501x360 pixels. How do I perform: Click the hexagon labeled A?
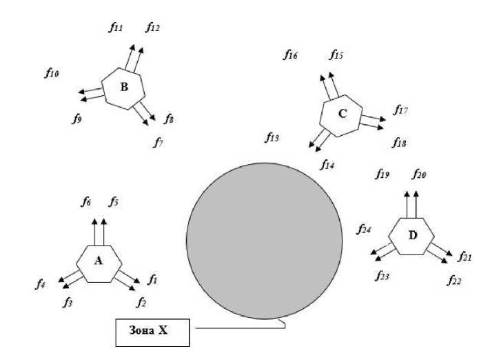99,262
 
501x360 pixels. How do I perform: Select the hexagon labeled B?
123,88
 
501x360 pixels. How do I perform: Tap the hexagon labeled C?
342,113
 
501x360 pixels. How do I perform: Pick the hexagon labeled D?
411,236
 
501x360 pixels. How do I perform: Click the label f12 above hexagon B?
153,28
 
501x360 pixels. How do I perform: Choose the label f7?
159,143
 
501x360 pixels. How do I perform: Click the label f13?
272,137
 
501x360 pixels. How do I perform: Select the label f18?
399,143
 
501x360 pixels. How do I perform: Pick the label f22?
453,280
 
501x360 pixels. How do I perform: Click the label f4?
42,283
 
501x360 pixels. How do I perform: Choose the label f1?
152,279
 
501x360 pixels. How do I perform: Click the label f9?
77,119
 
